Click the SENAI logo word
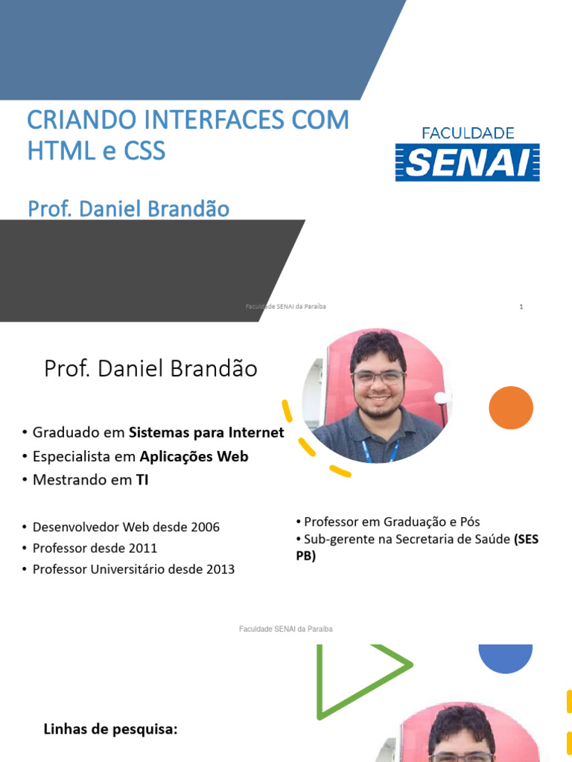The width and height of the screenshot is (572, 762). coord(467,162)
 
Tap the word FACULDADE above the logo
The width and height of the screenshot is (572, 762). coord(468,133)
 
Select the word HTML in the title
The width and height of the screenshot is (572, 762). coord(57,151)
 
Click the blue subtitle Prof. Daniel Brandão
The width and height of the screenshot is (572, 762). coord(128,209)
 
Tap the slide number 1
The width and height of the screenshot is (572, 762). coord(521,307)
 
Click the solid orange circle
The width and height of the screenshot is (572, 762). coord(511,408)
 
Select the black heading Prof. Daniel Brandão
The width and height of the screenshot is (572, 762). coord(150,368)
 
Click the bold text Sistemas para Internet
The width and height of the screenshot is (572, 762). coord(206,432)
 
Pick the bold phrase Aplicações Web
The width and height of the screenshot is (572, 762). coord(194,456)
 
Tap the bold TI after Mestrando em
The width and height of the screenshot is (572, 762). coord(142,480)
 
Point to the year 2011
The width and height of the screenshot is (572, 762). coord(142,548)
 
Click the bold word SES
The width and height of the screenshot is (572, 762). coord(527,540)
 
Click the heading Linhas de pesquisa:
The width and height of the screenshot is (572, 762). coord(110,729)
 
